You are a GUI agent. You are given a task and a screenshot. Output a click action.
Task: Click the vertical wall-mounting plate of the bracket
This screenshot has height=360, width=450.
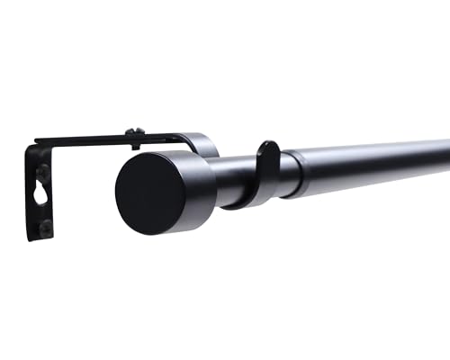39,202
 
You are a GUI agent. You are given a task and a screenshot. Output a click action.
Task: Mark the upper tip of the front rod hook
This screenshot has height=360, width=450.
269,144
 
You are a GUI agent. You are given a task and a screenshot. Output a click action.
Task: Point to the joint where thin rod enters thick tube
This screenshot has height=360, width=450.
298,172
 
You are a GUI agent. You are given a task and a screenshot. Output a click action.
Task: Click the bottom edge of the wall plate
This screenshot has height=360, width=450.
40,238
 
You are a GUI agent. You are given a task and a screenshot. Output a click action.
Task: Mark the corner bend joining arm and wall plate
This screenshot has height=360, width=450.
31,146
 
